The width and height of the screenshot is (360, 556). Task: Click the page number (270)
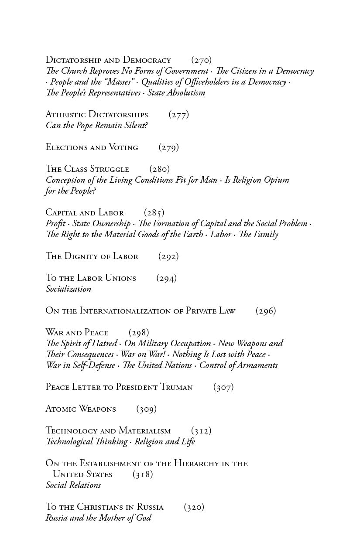(201, 60)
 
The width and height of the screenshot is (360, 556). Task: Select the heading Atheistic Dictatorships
(97, 115)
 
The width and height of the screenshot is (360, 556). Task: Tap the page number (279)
(168, 147)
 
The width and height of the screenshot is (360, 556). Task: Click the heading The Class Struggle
(87, 169)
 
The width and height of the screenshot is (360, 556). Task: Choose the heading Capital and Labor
(85, 213)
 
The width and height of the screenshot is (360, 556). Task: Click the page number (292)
(168, 256)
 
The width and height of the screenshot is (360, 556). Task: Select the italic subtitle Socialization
(69, 289)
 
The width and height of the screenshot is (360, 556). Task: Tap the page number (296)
(266, 311)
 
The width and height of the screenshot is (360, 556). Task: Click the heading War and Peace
(77, 333)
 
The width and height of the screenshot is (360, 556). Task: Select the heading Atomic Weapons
(81, 409)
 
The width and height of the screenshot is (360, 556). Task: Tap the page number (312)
(201, 431)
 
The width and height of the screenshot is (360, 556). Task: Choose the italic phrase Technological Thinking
(87, 442)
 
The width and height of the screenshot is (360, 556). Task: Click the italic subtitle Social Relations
(73, 485)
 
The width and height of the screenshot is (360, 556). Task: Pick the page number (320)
(194, 507)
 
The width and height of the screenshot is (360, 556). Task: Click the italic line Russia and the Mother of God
(99, 518)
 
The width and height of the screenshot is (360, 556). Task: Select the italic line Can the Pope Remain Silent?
(97, 126)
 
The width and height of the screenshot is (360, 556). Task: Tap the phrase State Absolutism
(176, 93)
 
